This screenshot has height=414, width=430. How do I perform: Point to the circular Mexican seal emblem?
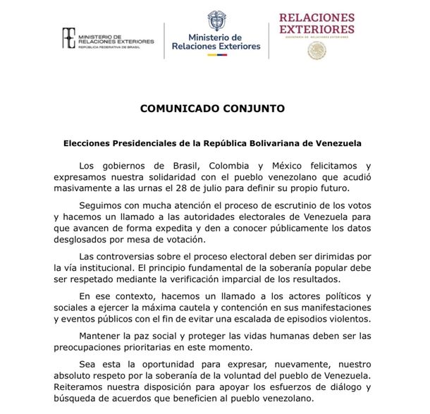pos(317,50)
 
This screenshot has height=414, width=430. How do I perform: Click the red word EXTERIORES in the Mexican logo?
pos(317,29)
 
